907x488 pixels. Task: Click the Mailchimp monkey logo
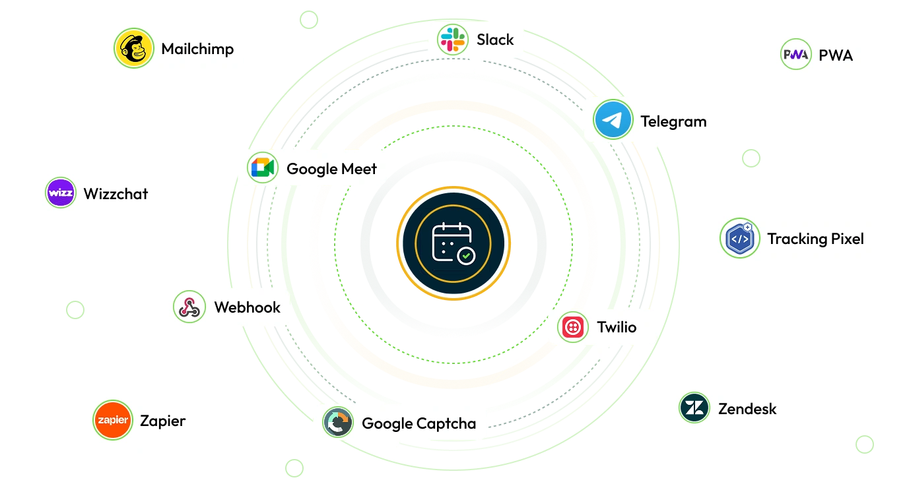pyautogui.click(x=133, y=49)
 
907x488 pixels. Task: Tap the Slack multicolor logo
pyautogui.click(x=453, y=40)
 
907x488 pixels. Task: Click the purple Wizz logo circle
pyautogui.click(x=61, y=193)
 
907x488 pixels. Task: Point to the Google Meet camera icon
pyautogui.click(x=263, y=168)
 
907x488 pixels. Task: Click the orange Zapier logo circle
pyautogui.click(x=113, y=420)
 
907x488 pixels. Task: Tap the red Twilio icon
pyautogui.click(x=573, y=327)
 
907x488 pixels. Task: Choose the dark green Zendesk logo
pyautogui.click(x=694, y=408)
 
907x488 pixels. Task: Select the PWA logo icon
pyautogui.click(x=795, y=55)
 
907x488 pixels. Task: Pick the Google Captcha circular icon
pyautogui.click(x=338, y=423)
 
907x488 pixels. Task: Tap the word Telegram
pyautogui.click(x=673, y=121)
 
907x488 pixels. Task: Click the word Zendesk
pyautogui.click(x=747, y=409)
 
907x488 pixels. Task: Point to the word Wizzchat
pyautogui.click(x=116, y=194)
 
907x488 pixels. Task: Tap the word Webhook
pyautogui.click(x=247, y=307)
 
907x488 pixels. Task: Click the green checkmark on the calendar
pyautogui.click(x=467, y=255)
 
